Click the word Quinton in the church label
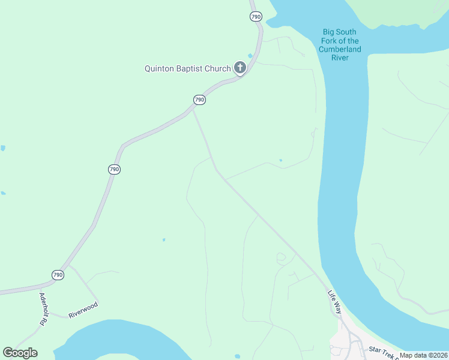click(159, 68)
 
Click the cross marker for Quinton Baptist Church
click(240, 67)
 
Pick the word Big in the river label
click(330, 32)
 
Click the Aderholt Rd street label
click(43, 309)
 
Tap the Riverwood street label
click(83, 310)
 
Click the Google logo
click(20, 353)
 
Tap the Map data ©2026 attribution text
click(423, 355)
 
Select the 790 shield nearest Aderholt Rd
click(58, 275)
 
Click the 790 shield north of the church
click(256, 17)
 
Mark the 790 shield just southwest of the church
click(200, 100)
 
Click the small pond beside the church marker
click(250, 56)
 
